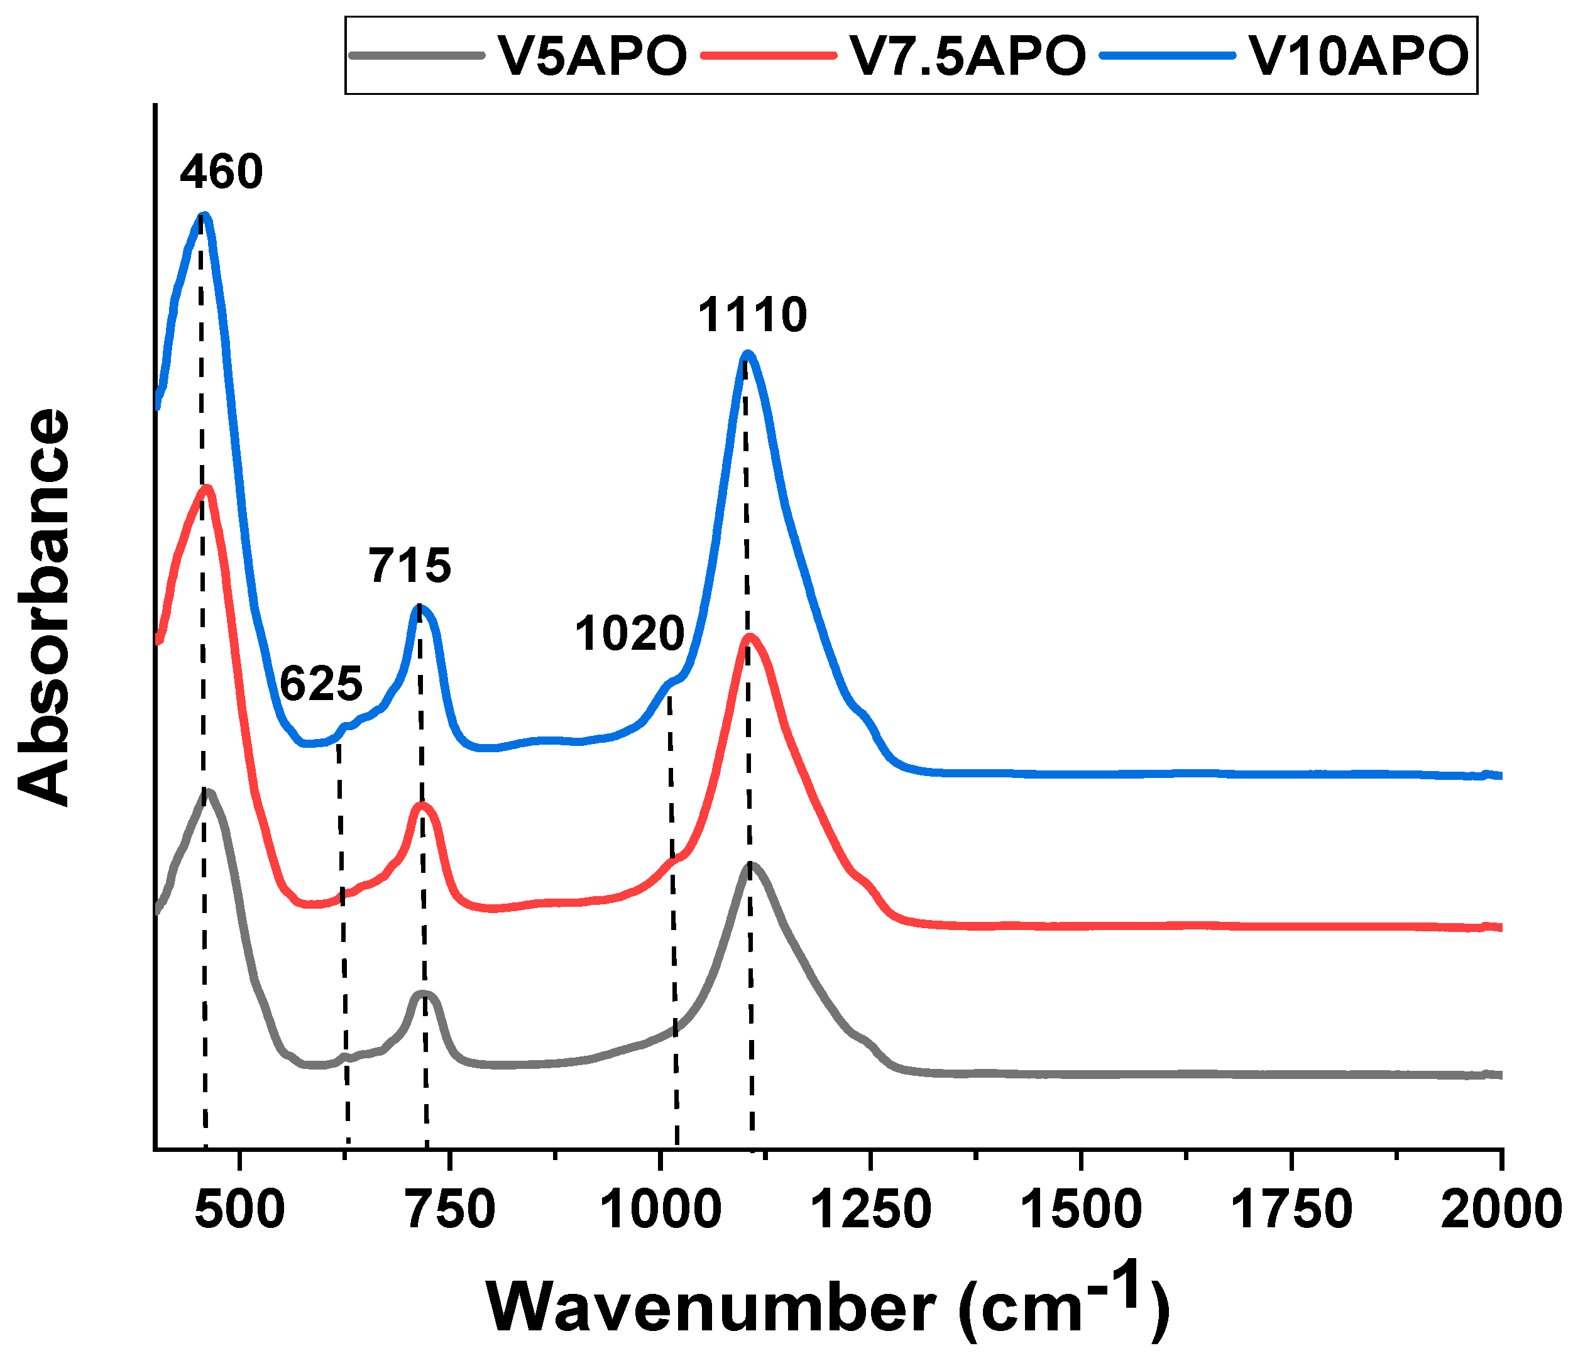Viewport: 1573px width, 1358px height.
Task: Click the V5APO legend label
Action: pos(591,55)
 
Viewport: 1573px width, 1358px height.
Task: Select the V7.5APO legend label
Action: pos(968,55)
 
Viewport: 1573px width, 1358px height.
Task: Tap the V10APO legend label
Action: pos(1359,55)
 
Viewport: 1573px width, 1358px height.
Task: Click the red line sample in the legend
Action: pos(769,55)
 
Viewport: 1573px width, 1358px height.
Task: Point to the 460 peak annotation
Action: pos(222,172)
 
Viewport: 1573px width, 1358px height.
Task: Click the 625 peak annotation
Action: pos(321,684)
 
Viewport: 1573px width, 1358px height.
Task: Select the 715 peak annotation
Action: pos(410,566)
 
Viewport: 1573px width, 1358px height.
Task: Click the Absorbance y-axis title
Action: pos(44,607)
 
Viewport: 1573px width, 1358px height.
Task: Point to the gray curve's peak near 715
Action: pos(423,994)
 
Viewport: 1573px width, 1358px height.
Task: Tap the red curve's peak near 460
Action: pos(206,488)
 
